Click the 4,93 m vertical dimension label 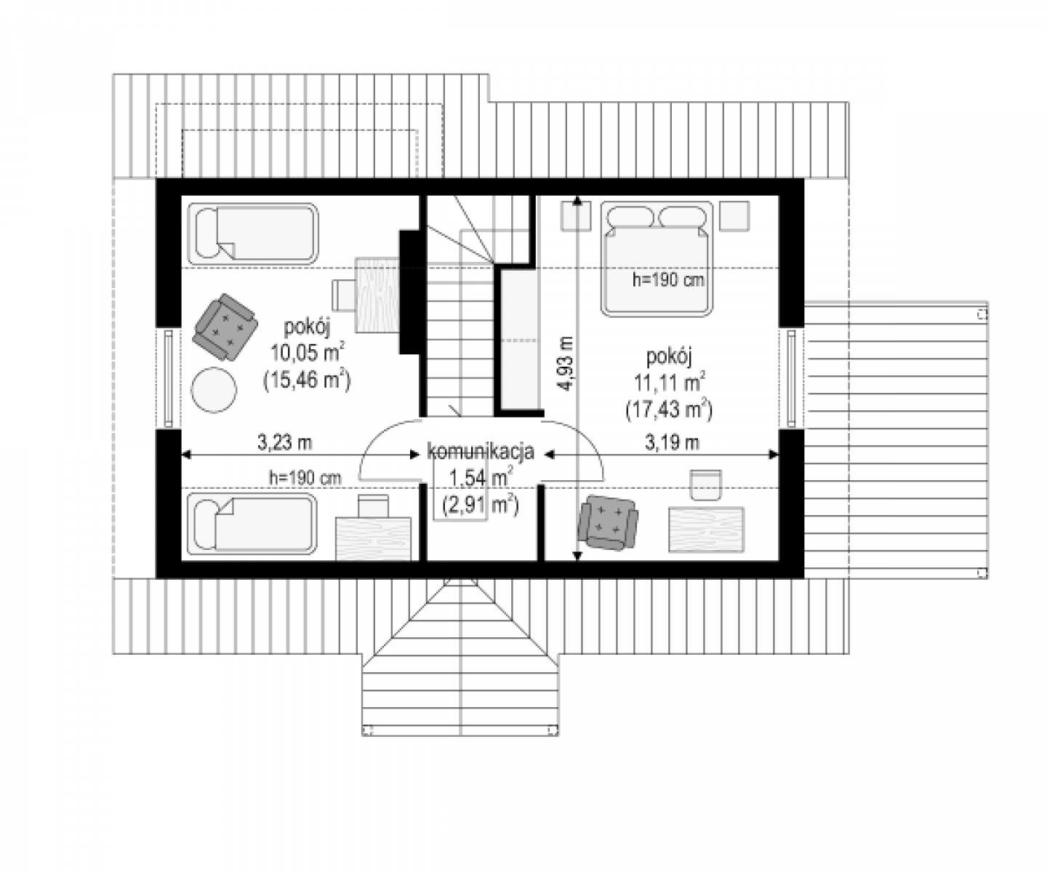(567, 363)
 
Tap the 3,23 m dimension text (285, 442)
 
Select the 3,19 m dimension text (672, 442)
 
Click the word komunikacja (481, 452)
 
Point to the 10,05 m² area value (308, 353)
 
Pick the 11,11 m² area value (670, 383)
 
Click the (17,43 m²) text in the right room (669, 410)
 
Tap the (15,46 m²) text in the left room (307, 380)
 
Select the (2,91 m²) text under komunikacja (481, 505)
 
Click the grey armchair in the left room (225, 327)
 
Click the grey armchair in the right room (608, 522)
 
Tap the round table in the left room (214, 390)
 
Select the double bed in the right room (657, 259)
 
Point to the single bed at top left (253, 234)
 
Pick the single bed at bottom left (252, 524)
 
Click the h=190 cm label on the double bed (668, 280)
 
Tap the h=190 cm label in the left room (305, 478)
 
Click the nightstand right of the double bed (734, 216)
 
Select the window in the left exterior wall (169, 378)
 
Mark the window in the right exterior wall (791, 378)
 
